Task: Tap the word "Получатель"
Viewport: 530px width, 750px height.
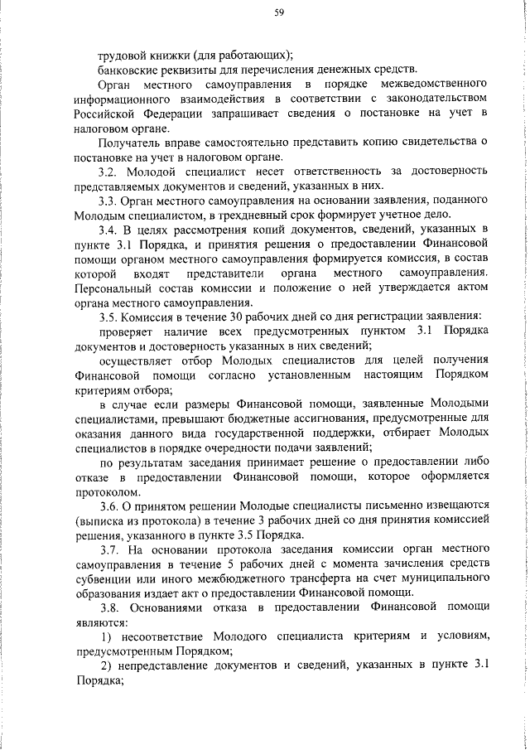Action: point(129,143)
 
